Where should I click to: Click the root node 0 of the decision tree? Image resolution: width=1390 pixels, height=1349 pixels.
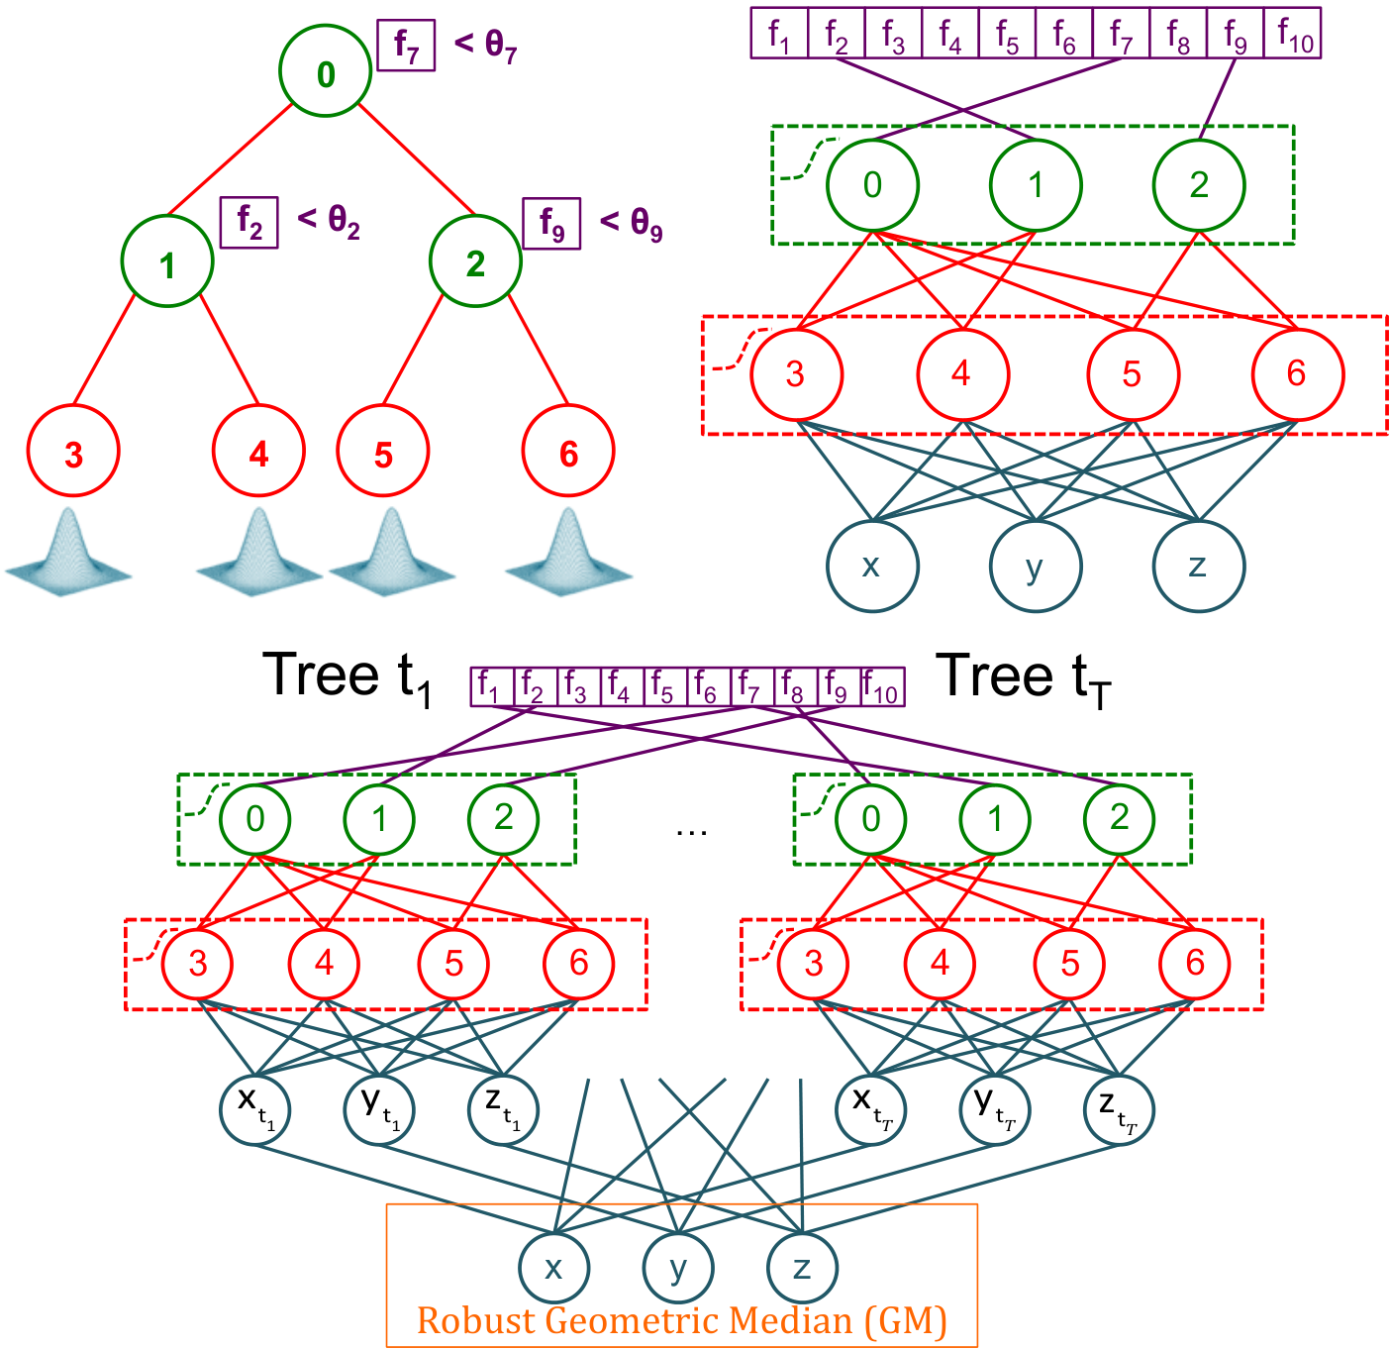[325, 70]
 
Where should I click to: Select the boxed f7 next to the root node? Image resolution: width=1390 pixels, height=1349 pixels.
[406, 45]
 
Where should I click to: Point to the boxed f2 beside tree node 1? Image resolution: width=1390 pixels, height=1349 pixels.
[248, 222]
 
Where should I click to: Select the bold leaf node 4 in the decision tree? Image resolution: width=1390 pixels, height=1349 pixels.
[258, 450]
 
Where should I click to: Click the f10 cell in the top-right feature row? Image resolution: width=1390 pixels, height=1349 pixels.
[1291, 33]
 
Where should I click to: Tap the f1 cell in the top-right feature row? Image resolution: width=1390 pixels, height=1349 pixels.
[778, 33]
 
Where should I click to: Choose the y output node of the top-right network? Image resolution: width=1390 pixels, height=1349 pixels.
[1035, 566]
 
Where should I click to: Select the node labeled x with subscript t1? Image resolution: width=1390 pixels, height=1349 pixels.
[255, 1109]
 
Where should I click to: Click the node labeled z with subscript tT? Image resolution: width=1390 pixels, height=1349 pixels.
[1119, 1109]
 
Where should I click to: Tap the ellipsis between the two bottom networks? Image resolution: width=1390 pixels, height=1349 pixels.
[691, 832]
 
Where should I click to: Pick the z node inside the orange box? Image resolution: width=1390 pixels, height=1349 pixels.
[802, 1268]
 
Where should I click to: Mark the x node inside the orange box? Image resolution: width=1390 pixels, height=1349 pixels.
[553, 1268]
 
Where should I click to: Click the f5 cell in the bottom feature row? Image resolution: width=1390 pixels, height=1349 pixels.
[665, 686]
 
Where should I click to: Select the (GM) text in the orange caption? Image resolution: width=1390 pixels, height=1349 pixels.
[905, 1320]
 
